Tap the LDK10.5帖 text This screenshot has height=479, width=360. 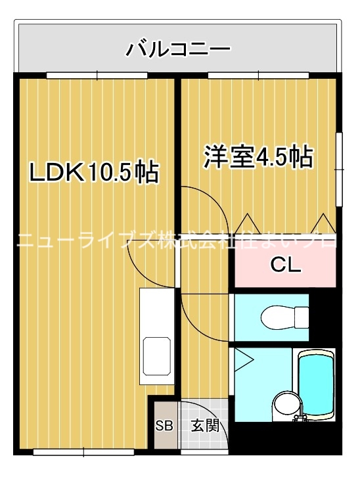tap(93, 172)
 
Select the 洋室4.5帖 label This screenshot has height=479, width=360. tap(258, 157)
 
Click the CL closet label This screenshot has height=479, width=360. tap(286, 266)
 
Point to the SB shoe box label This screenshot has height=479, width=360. tap(163, 425)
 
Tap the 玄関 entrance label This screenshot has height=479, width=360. tap(204, 425)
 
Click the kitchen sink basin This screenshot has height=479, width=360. tap(157, 355)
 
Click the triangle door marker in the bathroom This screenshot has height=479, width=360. tap(242, 359)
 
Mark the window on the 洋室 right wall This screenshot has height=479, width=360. tap(340, 170)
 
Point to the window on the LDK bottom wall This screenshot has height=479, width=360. tap(83, 452)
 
